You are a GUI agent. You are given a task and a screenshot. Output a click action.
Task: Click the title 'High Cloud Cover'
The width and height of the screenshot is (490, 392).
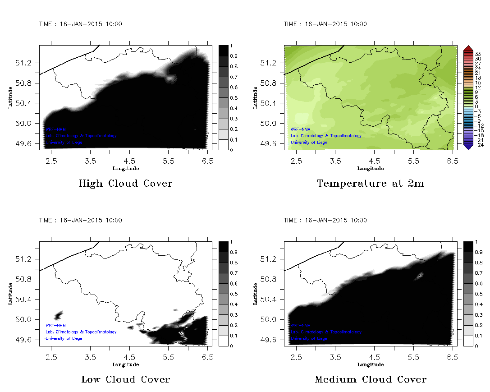[125, 184]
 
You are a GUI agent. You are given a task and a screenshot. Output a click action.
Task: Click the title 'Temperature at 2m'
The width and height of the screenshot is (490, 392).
[371, 184]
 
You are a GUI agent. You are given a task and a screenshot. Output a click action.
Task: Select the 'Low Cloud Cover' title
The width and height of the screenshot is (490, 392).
[126, 379]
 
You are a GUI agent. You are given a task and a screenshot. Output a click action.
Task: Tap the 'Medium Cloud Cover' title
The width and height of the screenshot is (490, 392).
[371, 379]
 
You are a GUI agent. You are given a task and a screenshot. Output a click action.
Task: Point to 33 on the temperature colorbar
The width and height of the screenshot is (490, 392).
[478, 53]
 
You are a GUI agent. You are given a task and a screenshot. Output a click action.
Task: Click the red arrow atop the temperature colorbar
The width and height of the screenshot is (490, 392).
[467, 48]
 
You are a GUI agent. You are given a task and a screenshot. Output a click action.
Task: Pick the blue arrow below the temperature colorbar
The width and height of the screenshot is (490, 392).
[467, 146]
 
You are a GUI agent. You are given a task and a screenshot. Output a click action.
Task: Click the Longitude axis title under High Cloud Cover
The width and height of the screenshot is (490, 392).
[125, 168]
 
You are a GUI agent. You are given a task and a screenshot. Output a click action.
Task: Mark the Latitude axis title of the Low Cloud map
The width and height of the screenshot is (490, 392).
[10, 294]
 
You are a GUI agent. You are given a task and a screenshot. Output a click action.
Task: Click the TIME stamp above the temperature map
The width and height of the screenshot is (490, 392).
[325, 24]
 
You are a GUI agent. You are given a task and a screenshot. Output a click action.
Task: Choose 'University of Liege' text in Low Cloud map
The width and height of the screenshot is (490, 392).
[64, 338]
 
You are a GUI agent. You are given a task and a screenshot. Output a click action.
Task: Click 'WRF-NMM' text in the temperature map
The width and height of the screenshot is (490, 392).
[300, 129]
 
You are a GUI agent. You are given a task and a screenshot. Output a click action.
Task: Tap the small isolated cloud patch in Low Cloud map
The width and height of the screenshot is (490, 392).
[59, 315]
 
